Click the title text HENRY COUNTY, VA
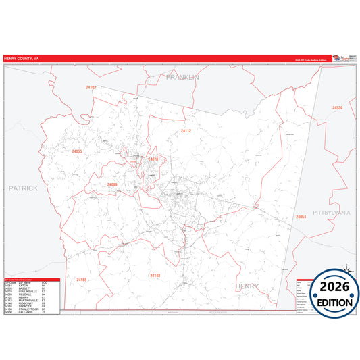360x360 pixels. point(21,58)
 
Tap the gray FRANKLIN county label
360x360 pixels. point(183,78)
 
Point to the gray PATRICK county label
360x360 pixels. point(23,188)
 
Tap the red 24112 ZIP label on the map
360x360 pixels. point(186,131)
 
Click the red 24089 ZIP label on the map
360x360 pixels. point(111,184)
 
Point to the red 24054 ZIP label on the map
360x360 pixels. point(301,217)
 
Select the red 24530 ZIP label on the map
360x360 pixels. point(338,108)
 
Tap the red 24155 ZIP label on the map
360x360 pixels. point(81,280)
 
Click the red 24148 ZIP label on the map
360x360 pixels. point(155,276)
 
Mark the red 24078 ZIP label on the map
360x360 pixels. point(153,159)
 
